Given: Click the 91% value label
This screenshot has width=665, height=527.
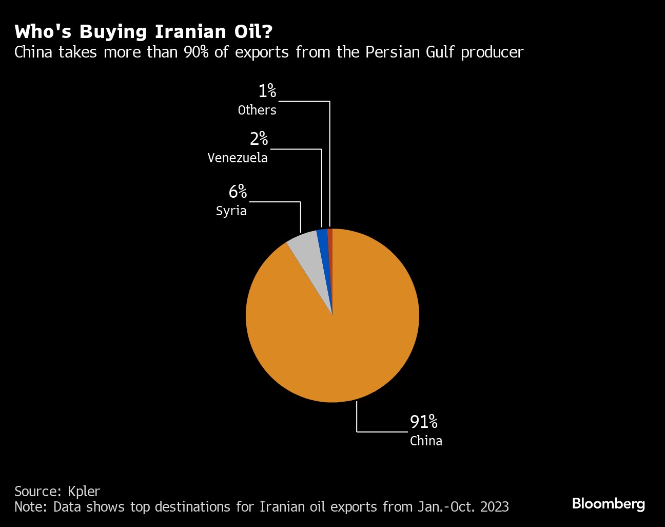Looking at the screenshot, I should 423,422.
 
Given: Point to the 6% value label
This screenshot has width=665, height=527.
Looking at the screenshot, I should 238,192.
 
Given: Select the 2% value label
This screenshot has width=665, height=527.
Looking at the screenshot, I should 259,139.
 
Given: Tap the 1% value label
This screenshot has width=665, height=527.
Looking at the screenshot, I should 267,91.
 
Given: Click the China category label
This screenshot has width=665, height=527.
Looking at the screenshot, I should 426,441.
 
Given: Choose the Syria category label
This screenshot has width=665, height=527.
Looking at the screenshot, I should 231,211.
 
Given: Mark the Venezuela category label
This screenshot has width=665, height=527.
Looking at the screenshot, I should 238,158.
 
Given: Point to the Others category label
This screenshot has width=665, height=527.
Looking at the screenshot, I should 257,110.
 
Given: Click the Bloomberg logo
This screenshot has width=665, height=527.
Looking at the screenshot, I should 608,503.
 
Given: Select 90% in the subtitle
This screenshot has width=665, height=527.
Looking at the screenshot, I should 196,52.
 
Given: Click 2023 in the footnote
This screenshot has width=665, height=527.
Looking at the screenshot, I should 494,507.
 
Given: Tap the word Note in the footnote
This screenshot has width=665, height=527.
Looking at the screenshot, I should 30,507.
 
